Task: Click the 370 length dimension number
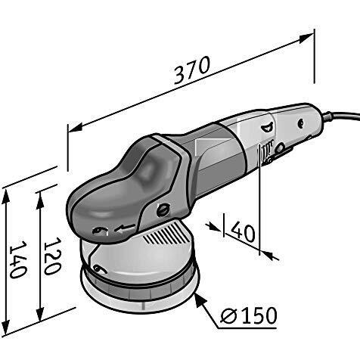tap(192, 70)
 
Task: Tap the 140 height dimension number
tap(18, 259)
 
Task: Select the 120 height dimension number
tap(52, 256)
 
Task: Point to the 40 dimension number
tap(243, 231)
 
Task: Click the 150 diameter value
tap(258, 315)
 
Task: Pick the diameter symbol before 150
tap(228, 315)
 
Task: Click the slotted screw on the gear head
tap(163, 209)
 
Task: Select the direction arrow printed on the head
tap(125, 228)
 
